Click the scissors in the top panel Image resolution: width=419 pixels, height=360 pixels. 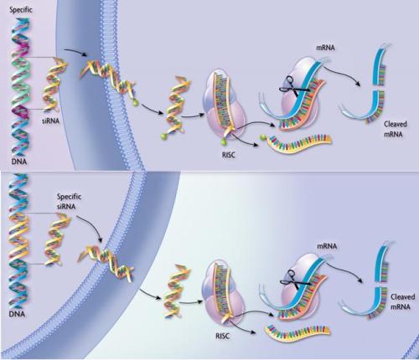[293, 87]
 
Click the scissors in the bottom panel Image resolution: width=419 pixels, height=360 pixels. [294, 280]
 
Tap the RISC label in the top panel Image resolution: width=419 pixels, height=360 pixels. [229, 155]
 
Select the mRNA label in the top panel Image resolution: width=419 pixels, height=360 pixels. [325, 48]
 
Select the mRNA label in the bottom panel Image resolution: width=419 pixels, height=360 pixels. [327, 246]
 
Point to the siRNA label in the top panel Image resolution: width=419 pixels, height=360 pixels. [51, 121]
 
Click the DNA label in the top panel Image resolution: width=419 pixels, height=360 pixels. [19, 162]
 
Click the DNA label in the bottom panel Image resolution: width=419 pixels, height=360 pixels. [17, 314]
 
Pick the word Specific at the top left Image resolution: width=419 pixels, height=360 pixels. [21, 10]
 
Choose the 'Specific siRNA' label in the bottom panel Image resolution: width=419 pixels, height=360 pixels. [69, 202]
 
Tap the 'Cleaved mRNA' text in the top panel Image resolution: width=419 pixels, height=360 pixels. [395, 129]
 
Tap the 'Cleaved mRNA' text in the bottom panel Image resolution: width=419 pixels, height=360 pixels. [402, 301]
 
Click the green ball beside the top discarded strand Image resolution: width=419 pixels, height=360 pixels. [262, 137]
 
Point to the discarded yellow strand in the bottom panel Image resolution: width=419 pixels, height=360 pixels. [297, 332]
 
